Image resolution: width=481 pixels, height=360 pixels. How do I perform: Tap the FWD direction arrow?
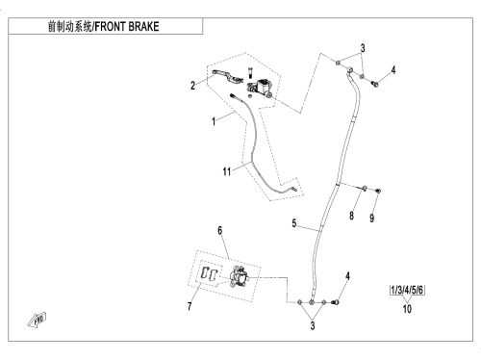coord(37,321)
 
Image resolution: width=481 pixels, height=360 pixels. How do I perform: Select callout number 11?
coord(227,171)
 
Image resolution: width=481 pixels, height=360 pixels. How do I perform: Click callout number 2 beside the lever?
coord(192,86)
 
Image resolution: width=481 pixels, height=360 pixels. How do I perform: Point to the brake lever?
coord(227,76)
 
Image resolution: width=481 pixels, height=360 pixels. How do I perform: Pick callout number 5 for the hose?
coord(294,223)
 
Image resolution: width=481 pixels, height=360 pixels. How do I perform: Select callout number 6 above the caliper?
coord(219,230)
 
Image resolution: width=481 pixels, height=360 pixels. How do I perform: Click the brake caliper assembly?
coord(240,276)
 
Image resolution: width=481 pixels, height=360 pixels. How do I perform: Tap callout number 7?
coord(190,306)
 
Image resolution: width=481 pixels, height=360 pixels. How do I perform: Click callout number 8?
coord(351,216)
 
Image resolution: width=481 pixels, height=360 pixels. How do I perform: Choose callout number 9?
coord(371,219)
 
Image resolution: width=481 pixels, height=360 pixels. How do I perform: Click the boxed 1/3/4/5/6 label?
coord(407,290)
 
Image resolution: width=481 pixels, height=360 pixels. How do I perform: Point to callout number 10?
coord(407,309)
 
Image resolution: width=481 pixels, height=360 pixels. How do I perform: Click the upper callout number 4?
coord(393,69)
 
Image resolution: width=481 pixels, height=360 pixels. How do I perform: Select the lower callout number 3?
coord(313,325)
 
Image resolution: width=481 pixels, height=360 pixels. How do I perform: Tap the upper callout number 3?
coord(363,48)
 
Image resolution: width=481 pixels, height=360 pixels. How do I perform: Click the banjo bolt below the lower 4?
coord(336,302)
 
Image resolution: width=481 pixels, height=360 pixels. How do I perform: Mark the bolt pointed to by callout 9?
coord(378,191)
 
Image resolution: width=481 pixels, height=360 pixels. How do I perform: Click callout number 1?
coord(214,121)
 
